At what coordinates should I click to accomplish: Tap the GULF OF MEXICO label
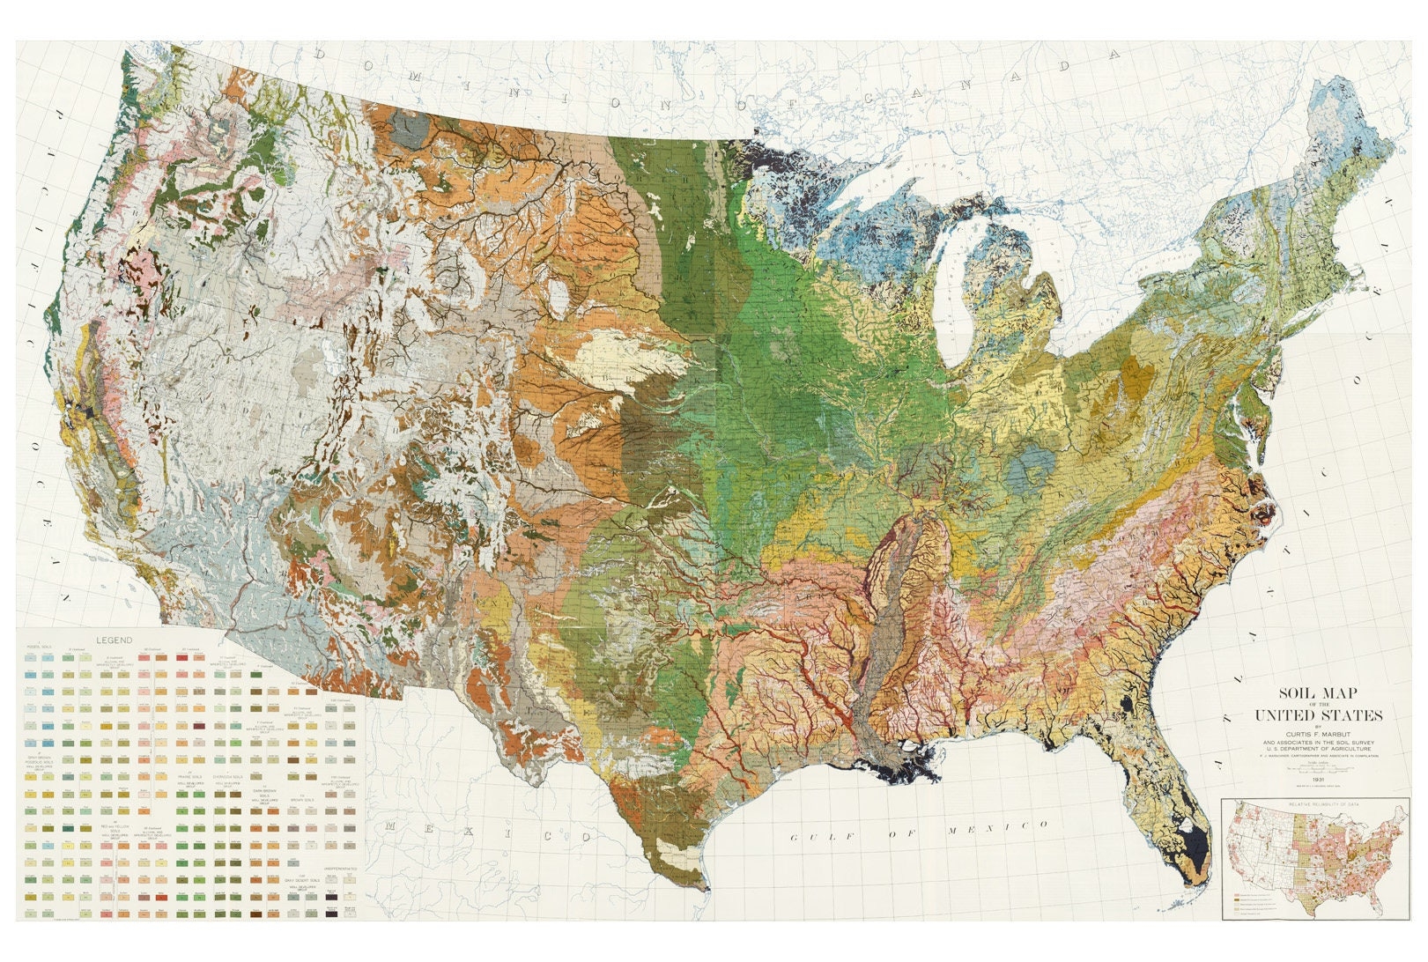(x=918, y=830)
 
